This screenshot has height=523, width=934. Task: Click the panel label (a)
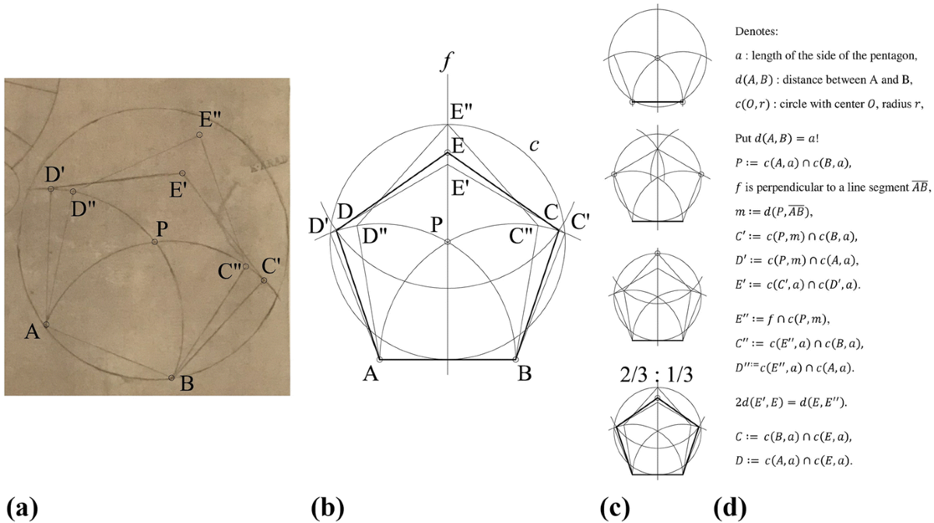pos(21,509)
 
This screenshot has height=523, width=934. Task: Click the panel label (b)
pos(328,509)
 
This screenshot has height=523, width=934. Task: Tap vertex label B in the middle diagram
pos(525,374)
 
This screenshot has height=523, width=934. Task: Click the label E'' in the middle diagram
pos(460,113)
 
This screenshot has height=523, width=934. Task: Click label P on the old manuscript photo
pos(163,229)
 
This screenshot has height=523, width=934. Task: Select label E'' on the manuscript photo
pos(210,119)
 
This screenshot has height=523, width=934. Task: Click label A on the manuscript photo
pos(32,333)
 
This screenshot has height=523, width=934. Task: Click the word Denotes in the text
pos(760,33)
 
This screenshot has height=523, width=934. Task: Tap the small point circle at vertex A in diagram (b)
pos(380,360)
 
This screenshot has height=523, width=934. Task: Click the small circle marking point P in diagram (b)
pos(448,241)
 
